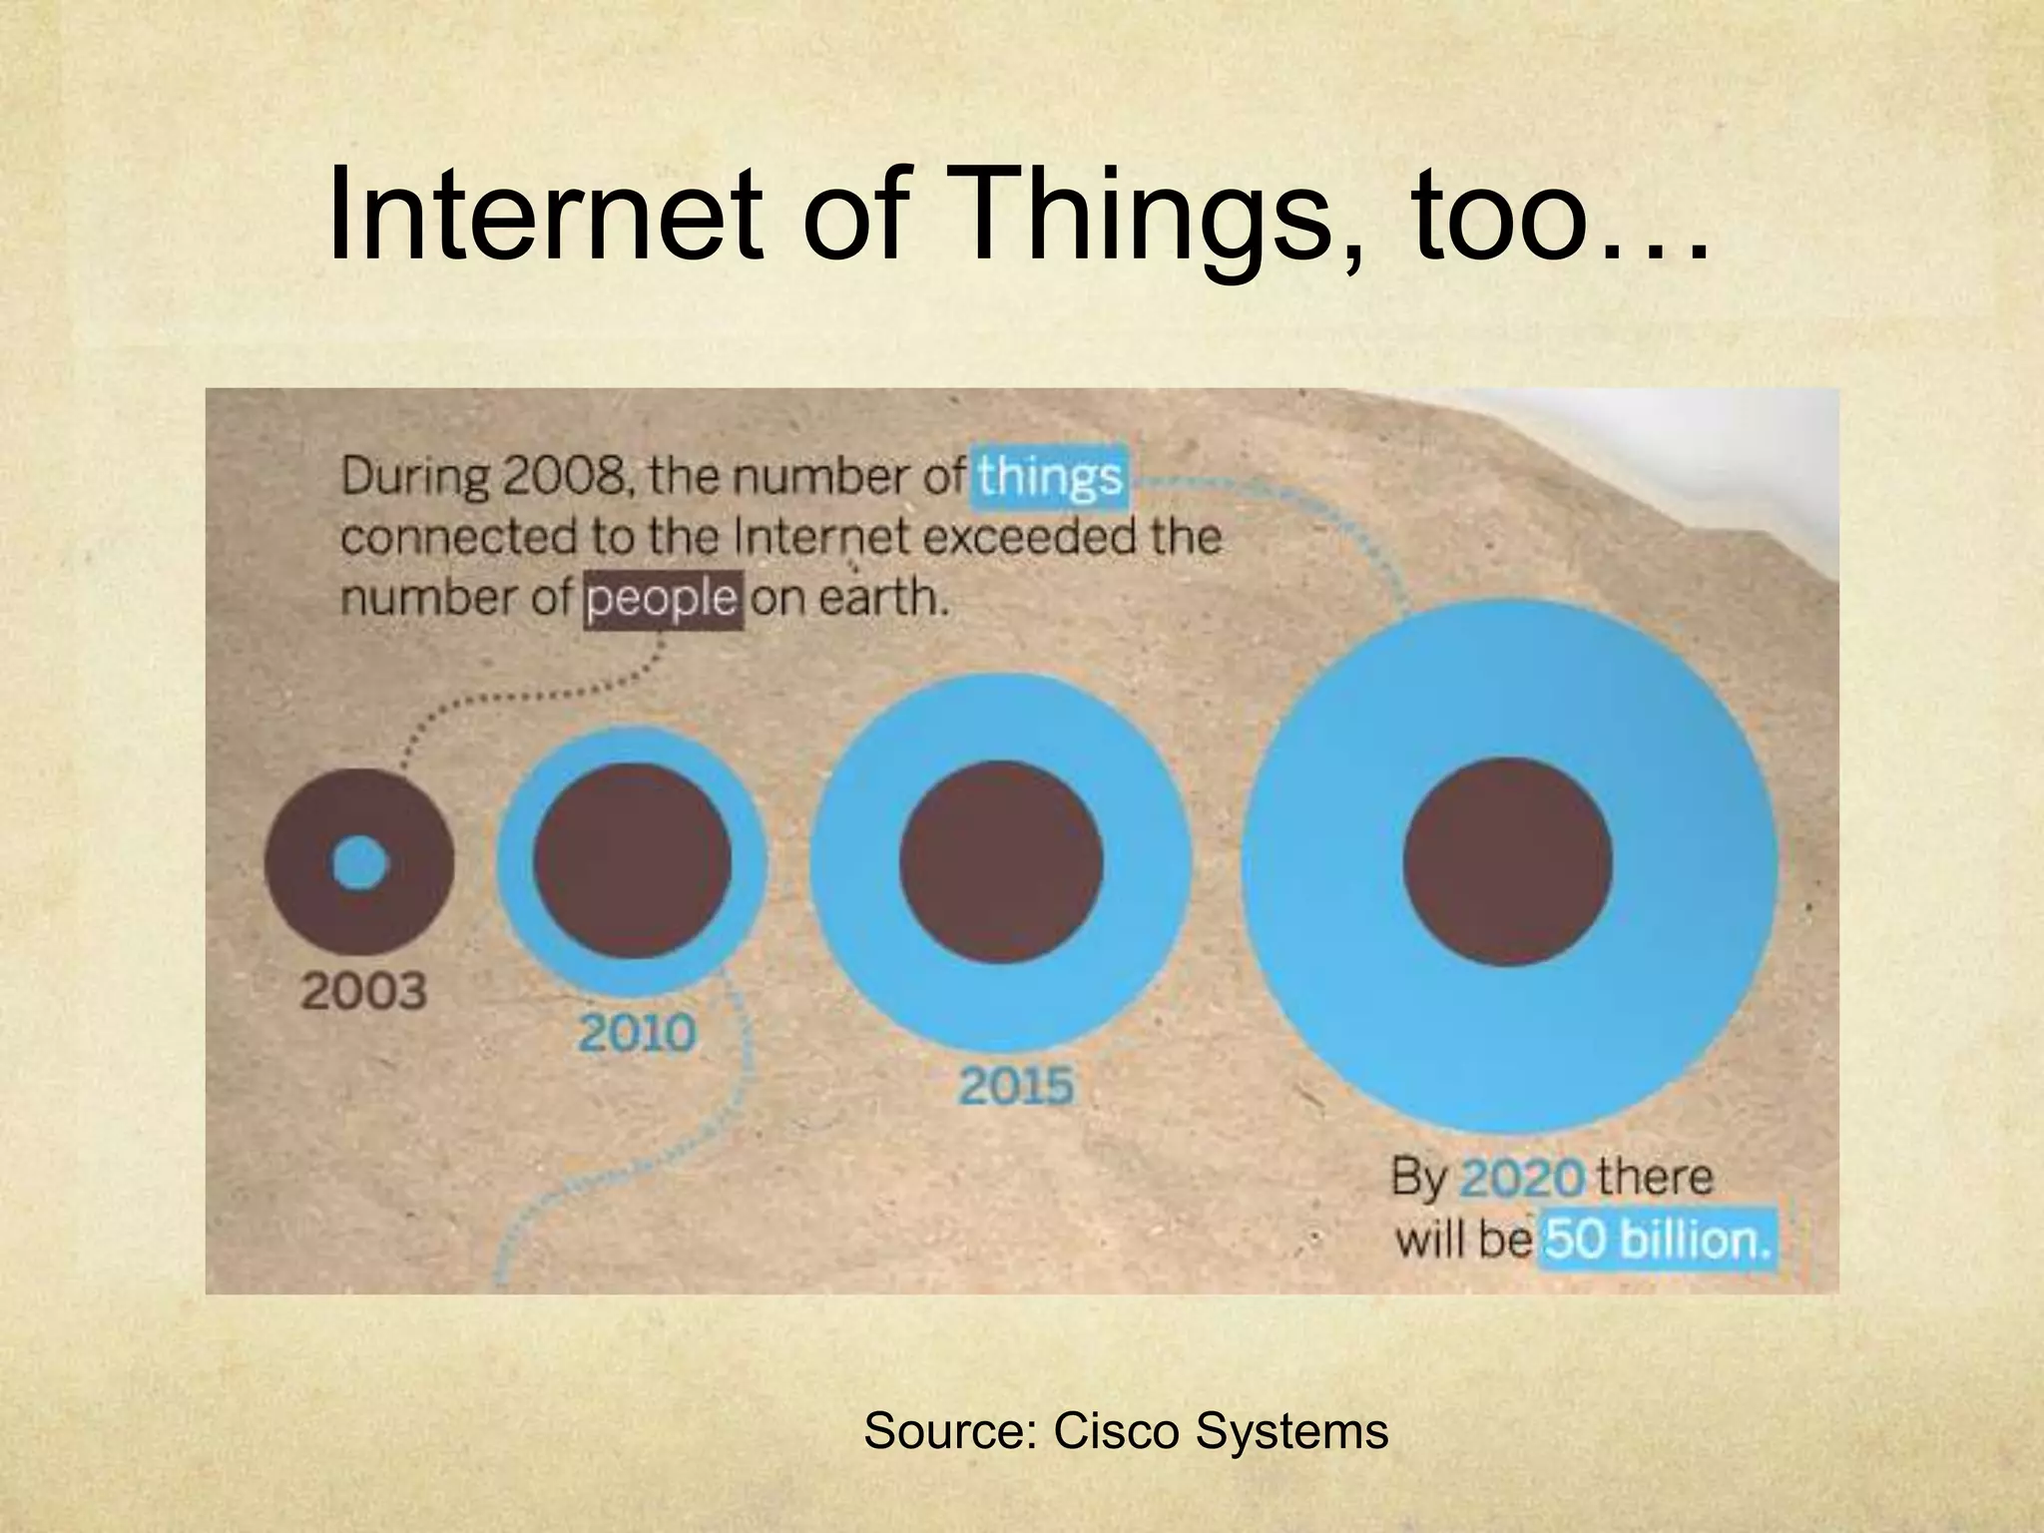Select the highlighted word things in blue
click(x=1050, y=477)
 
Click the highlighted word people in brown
click(x=663, y=600)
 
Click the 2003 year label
click(x=363, y=991)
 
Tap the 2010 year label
click(x=637, y=1033)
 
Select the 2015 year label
click(x=1016, y=1086)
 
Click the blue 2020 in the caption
click(x=1521, y=1179)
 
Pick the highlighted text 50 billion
click(x=1657, y=1241)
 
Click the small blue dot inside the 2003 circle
click(x=359, y=862)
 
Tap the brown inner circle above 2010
click(x=632, y=862)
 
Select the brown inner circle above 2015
click(x=1001, y=862)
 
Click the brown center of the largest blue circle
click(x=1507, y=862)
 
